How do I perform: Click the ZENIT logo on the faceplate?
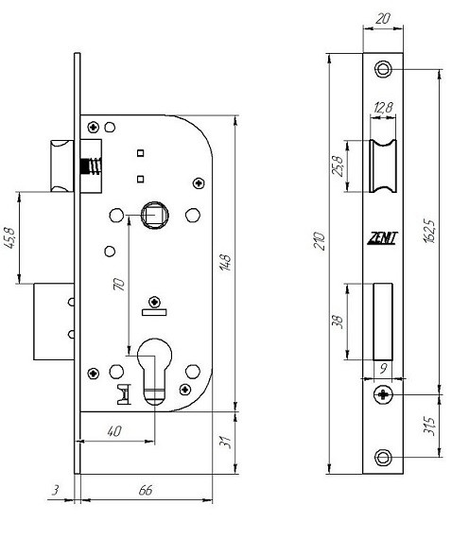[x=382, y=238]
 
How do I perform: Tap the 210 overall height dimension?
[x=321, y=241]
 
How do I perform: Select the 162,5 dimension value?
[x=429, y=231]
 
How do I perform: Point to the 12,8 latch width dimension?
[x=383, y=107]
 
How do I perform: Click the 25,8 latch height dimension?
[x=338, y=165]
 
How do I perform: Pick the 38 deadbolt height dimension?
[x=338, y=322]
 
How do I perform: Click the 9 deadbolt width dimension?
[x=383, y=369]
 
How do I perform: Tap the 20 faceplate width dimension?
[x=383, y=19]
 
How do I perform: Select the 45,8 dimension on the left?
[x=10, y=237]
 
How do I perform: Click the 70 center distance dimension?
[x=119, y=285]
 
